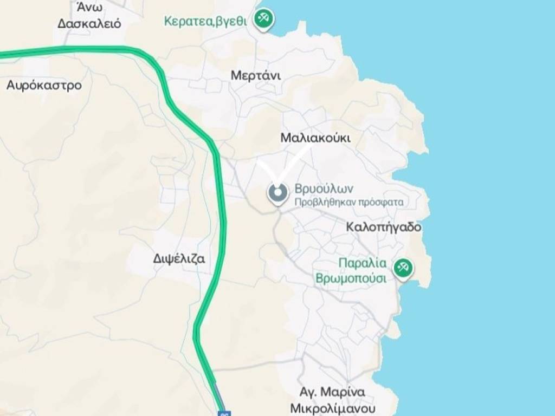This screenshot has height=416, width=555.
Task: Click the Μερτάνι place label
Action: coord(256,75)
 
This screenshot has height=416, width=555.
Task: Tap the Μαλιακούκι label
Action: coord(315,138)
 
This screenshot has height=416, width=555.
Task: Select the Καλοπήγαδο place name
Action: coord(384,227)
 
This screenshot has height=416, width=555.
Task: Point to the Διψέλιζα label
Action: coord(179,258)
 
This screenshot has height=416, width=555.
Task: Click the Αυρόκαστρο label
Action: coord(44,85)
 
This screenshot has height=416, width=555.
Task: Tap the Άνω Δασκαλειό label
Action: coord(89,16)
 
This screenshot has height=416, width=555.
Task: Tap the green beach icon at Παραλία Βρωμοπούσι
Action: coord(403,268)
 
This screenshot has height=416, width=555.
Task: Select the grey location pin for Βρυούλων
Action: coord(277,193)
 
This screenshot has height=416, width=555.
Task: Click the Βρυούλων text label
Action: coord(324,189)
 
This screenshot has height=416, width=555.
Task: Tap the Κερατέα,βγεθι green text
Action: coord(205,21)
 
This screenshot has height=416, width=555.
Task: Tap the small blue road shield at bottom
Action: coord(224,413)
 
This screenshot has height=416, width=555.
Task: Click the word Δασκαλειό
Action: coord(89,23)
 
